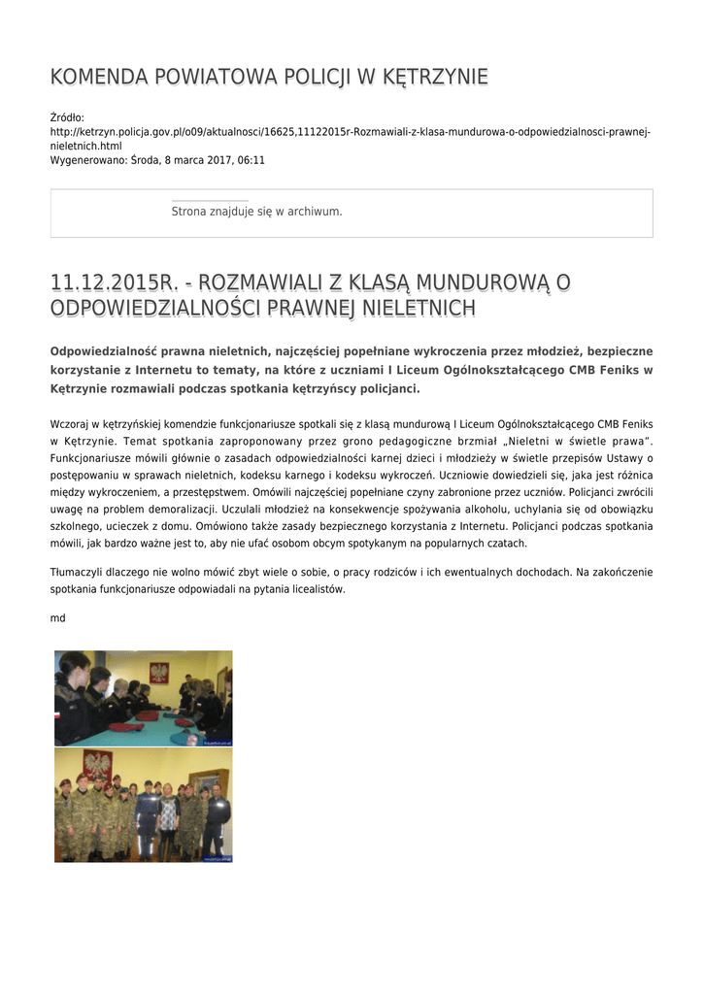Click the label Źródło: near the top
[x=67, y=117]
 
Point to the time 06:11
[x=250, y=160]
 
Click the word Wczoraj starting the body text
[x=69, y=424]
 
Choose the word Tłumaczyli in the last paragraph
[x=77, y=573]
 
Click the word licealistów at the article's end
[x=316, y=589]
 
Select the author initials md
[x=57, y=617]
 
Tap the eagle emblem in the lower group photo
[x=96, y=763]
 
